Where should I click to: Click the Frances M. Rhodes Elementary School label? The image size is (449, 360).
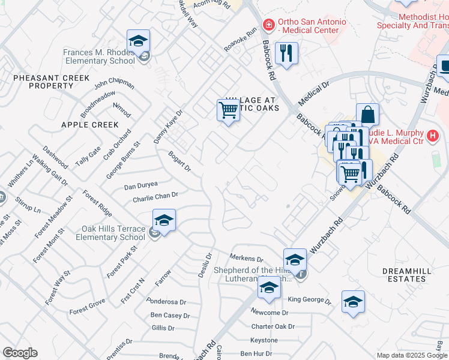coord(99,56)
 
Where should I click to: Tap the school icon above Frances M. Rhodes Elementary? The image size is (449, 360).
coord(139,41)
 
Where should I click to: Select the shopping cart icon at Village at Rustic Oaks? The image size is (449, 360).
coord(228,110)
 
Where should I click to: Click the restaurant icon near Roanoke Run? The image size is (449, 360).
coord(287,53)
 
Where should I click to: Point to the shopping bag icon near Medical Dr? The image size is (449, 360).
coord(367,115)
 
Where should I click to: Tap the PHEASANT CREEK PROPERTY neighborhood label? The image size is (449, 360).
coord(51,82)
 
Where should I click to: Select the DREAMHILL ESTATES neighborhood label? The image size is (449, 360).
coord(407,275)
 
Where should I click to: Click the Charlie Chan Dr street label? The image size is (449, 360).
coord(155,196)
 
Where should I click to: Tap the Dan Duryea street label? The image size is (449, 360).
coord(140,186)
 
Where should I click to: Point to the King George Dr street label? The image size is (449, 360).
coord(310,299)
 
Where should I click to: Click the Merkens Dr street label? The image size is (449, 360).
coord(246,258)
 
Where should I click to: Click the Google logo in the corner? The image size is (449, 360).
coord(20,353)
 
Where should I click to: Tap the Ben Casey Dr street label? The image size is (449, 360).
coord(170,315)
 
